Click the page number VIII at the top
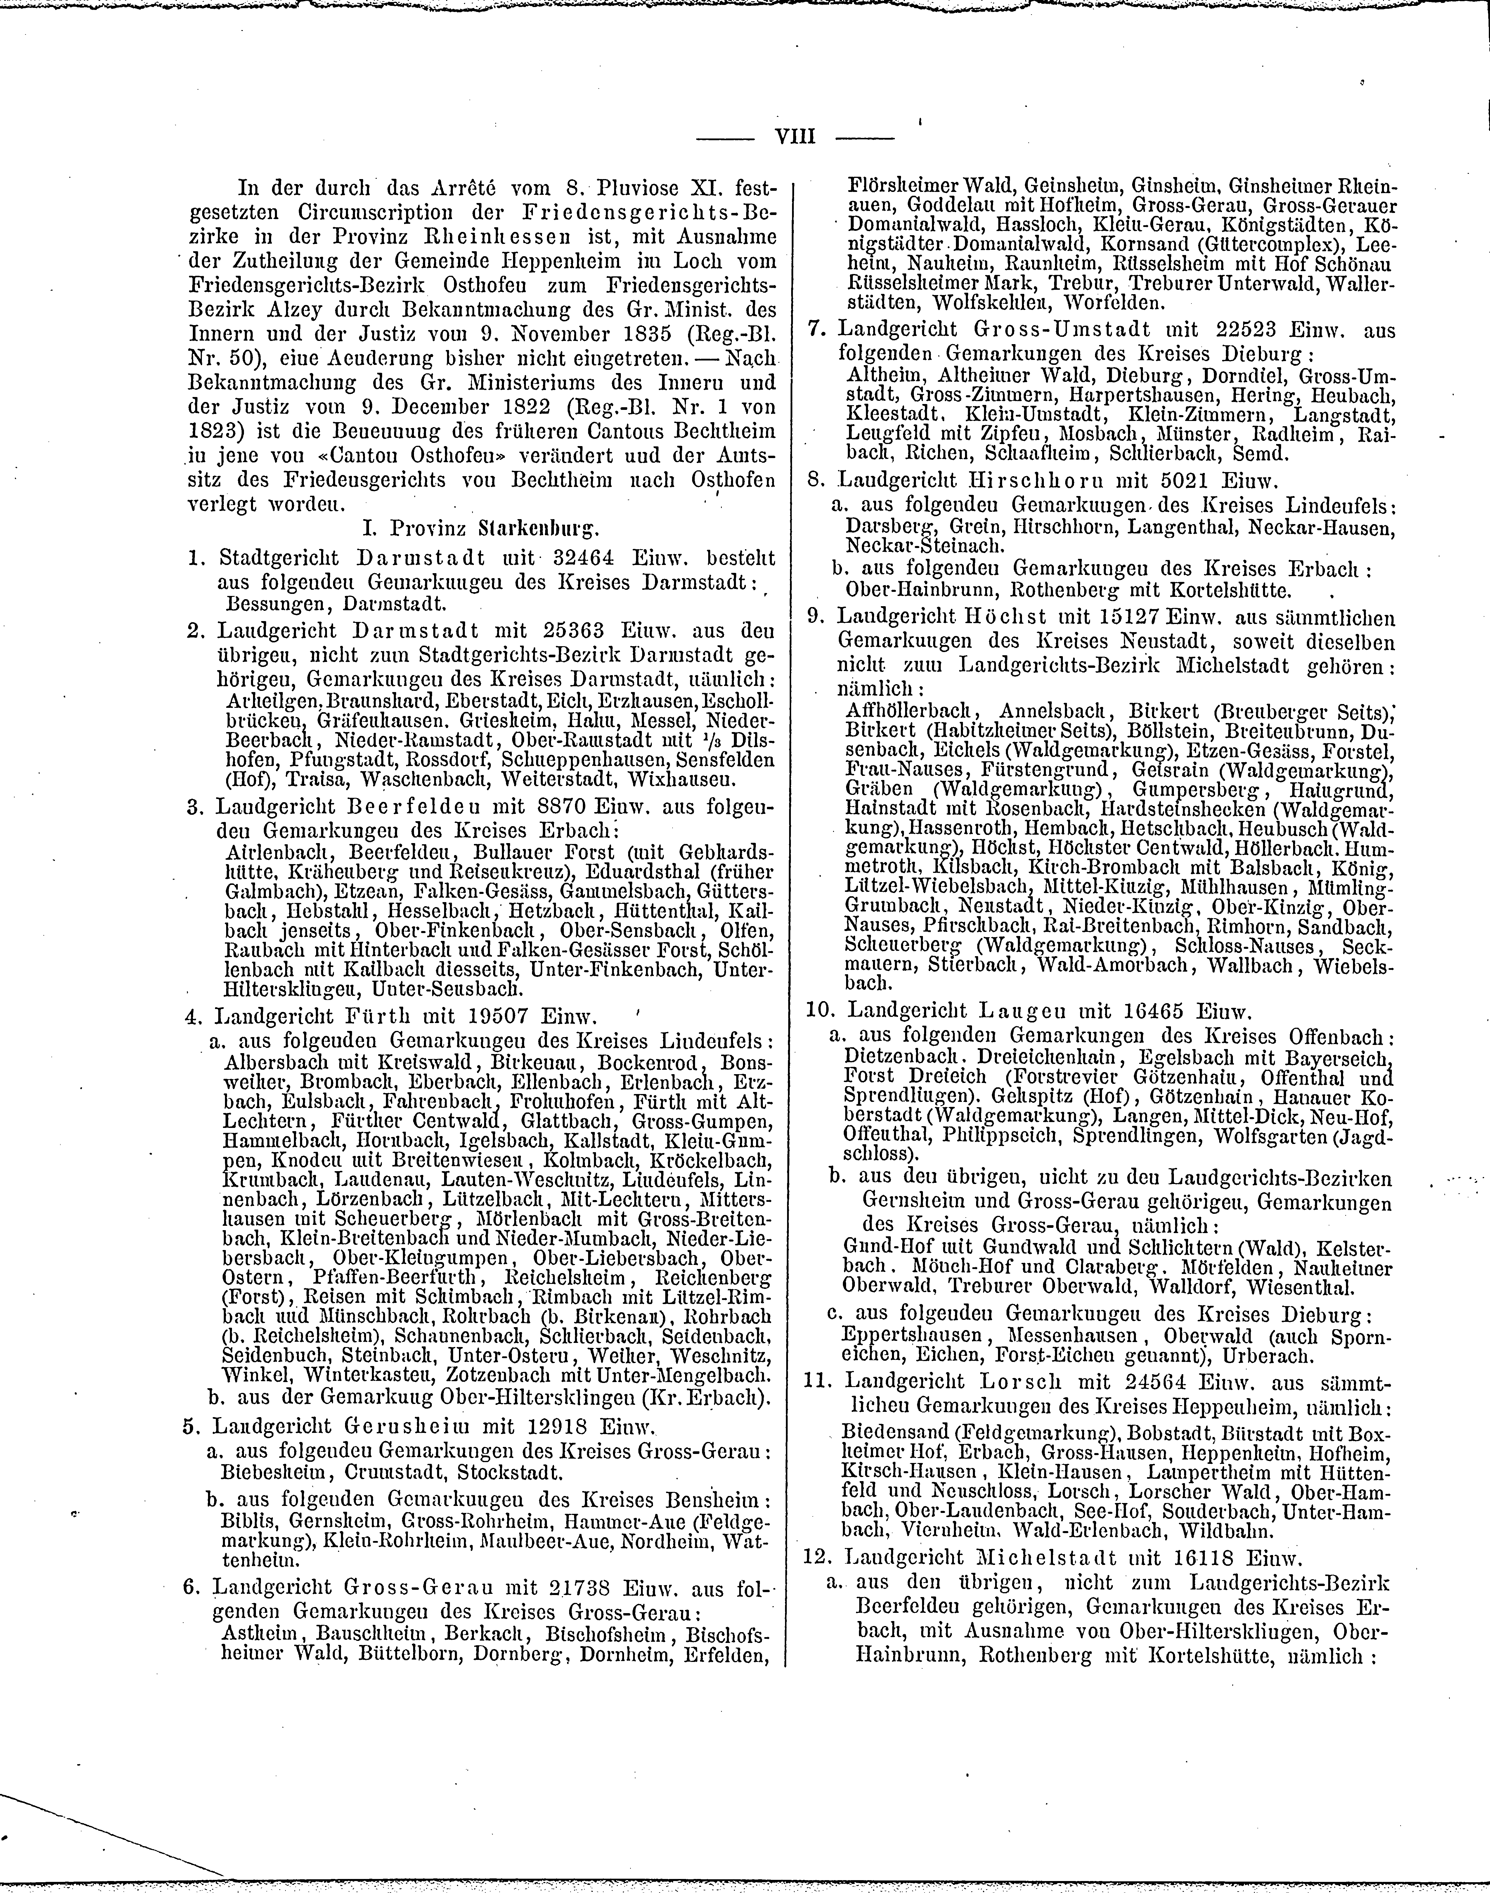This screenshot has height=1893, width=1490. (x=795, y=137)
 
